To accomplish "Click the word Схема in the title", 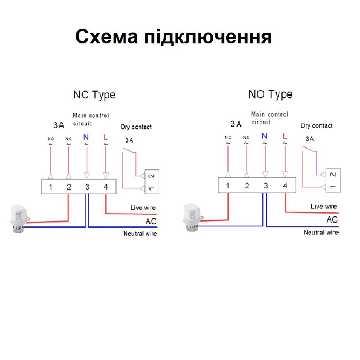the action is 106,36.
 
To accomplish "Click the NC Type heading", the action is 95,95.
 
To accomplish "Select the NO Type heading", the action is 270,95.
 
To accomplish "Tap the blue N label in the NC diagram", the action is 86,137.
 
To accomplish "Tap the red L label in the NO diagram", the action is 285,136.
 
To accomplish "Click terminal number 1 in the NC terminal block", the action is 50,187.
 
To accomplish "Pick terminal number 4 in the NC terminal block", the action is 106,187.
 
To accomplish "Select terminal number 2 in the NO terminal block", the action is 247,186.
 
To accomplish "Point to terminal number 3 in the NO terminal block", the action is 266,186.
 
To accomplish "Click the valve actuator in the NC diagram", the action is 20,219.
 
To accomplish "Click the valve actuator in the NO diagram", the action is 192,217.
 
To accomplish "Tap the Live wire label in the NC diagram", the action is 143,208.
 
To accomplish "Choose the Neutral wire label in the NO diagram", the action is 321,233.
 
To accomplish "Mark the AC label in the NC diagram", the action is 151,221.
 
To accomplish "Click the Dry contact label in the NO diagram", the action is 316,126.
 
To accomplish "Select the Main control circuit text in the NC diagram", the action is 91,119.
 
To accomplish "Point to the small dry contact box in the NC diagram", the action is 152,182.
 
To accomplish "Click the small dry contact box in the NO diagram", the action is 333,181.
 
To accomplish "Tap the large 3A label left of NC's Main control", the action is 59,125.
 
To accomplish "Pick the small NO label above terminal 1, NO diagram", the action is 228,138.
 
